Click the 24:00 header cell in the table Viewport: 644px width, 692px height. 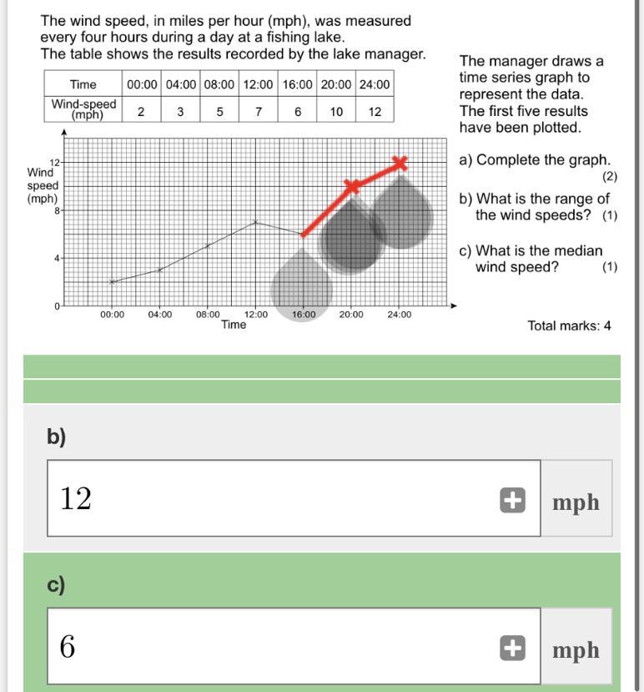[375, 84]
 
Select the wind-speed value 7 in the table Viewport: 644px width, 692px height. [259, 111]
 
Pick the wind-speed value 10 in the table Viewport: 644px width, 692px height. [336, 111]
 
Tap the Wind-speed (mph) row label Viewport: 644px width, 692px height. [83, 110]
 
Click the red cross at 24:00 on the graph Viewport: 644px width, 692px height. [400, 163]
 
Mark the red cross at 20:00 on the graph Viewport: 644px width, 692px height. [352, 186]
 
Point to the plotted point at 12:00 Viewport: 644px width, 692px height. [256, 222]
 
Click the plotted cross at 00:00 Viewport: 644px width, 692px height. [113, 282]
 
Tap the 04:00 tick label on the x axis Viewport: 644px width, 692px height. [160, 315]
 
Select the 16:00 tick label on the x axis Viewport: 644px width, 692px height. [304, 315]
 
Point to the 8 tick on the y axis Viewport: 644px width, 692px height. [58, 211]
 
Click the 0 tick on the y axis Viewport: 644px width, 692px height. [58, 306]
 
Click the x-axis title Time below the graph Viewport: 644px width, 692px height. [234, 325]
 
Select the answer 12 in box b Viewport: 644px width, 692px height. [75, 498]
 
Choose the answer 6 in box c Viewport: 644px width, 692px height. [68, 646]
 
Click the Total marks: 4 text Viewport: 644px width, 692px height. [569, 326]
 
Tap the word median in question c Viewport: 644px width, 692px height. [580, 250]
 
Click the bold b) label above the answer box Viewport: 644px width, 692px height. [56, 437]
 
